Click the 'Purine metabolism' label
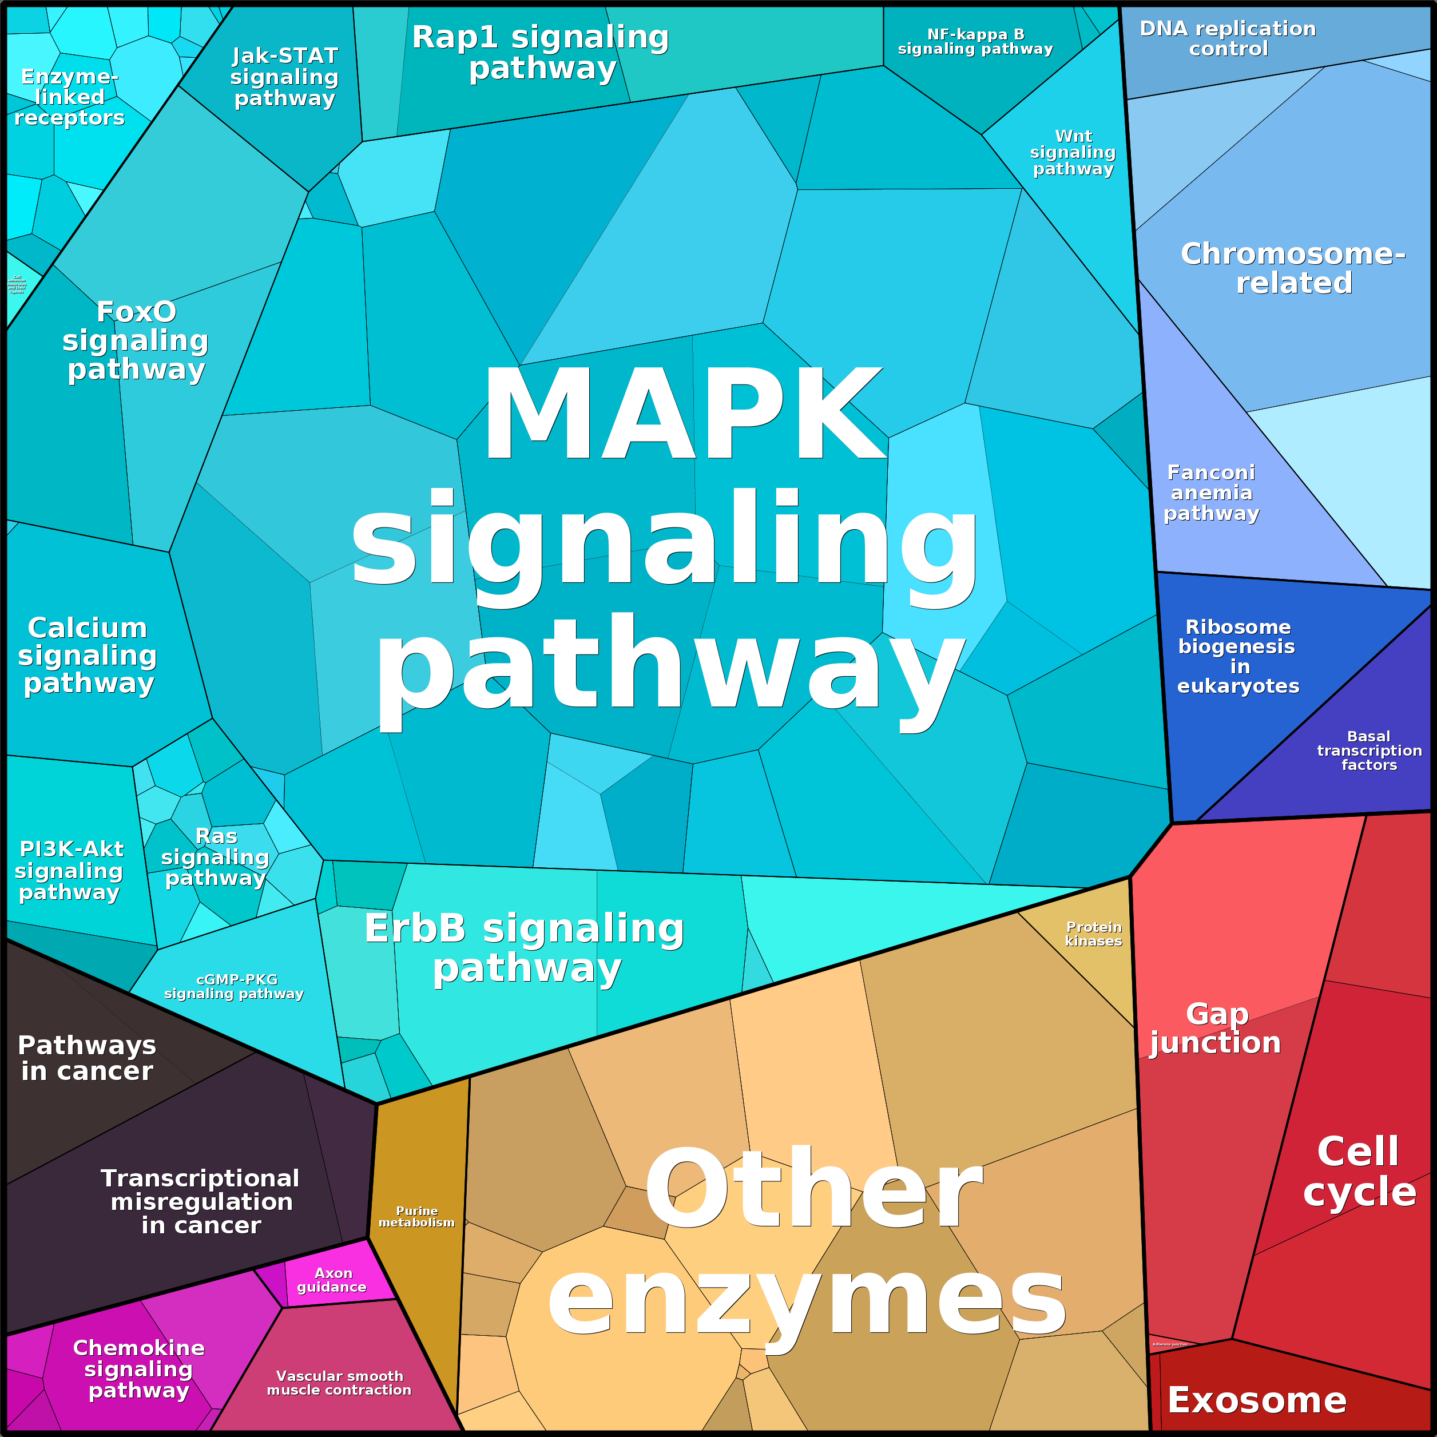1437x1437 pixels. click(x=416, y=1217)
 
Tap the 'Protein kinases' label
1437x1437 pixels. click(x=1093, y=934)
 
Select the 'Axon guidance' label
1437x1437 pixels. click(x=332, y=1280)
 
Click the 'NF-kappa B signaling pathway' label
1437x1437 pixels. click(x=975, y=42)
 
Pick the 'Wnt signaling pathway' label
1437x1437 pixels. click(x=1073, y=153)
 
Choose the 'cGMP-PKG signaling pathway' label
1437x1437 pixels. click(x=235, y=986)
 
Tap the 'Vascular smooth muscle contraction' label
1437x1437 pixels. click(x=339, y=1383)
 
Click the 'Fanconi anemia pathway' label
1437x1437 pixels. click(x=1211, y=493)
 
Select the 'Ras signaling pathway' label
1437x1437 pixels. click(x=215, y=857)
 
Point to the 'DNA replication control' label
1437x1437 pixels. click(x=1228, y=39)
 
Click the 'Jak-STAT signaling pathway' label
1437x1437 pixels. click(x=285, y=77)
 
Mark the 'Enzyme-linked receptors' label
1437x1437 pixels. click(x=69, y=97)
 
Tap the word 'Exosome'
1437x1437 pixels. click(x=1257, y=1400)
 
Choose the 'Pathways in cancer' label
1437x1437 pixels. click(x=87, y=1058)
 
